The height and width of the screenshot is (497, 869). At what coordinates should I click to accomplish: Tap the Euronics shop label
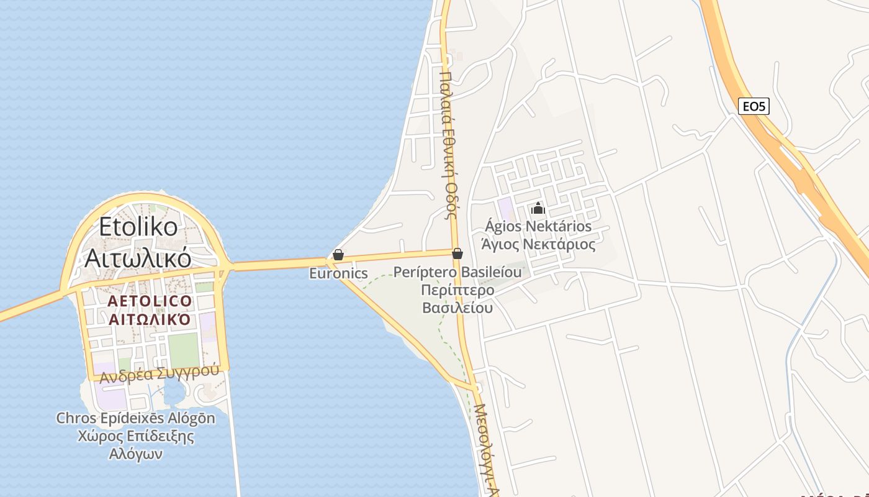(338, 273)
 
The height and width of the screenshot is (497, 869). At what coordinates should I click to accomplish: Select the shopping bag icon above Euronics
(338, 255)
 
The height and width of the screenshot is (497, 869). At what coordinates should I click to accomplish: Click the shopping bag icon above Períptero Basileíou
(457, 253)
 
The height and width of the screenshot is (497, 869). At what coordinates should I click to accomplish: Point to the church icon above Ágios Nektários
(538, 209)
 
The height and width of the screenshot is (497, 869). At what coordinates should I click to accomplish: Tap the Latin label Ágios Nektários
(538, 226)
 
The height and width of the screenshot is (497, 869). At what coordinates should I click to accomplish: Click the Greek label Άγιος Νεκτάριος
(538, 244)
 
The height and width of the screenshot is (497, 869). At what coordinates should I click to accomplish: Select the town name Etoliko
(138, 227)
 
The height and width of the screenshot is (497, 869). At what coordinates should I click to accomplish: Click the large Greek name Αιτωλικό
(137, 257)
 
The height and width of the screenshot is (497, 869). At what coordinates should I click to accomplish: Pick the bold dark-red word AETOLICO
(150, 301)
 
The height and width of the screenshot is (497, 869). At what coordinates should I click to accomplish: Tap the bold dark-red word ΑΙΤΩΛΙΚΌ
(150, 320)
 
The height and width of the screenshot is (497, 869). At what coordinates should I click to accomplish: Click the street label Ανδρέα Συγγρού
(160, 373)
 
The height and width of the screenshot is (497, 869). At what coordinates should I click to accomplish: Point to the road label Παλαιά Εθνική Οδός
(448, 143)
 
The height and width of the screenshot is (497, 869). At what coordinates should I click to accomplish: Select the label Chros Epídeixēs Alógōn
(135, 418)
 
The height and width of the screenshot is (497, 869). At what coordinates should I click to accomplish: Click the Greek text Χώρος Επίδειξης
(135, 436)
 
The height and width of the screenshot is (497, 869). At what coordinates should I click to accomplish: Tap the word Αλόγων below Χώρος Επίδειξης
(135, 454)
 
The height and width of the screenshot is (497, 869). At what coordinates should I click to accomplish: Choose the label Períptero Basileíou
(457, 273)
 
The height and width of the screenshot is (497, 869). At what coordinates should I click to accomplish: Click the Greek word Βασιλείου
(457, 308)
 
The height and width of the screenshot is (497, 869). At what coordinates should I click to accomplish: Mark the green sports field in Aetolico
(183, 350)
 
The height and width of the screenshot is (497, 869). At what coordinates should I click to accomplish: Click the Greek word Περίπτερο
(457, 290)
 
